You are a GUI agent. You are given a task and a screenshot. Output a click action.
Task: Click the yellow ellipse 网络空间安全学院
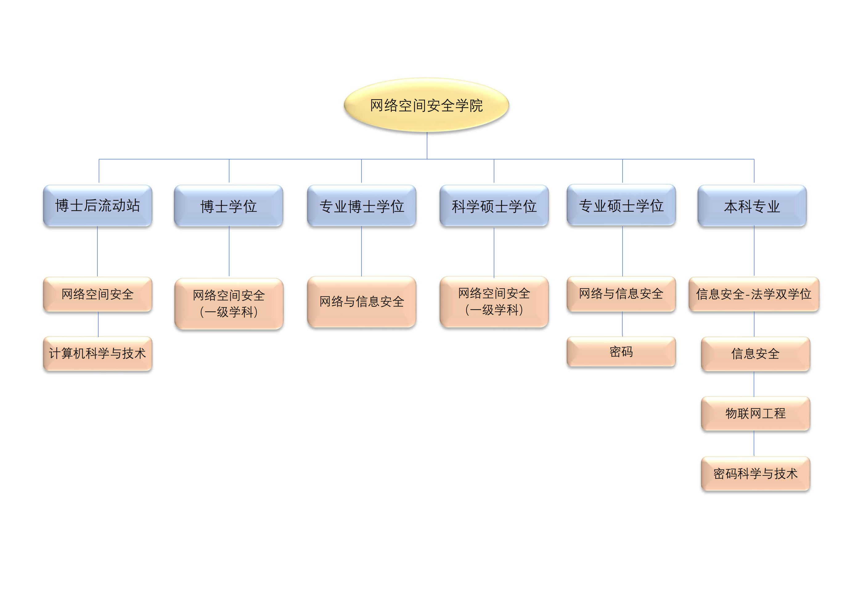(x=426, y=105)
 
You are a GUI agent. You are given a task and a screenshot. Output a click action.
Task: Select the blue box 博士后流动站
(x=97, y=206)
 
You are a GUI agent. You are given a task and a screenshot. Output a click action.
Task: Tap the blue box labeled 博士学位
(x=229, y=206)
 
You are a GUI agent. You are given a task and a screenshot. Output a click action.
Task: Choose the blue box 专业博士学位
(x=362, y=206)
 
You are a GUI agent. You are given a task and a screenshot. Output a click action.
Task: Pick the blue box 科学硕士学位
(x=494, y=206)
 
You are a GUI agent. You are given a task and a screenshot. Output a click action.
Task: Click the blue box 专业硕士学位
(x=621, y=205)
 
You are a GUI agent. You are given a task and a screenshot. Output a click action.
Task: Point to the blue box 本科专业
(x=752, y=206)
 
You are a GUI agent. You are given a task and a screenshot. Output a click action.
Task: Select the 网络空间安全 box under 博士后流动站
(x=97, y=294)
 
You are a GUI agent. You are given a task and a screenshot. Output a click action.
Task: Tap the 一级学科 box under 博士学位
(x=229, y=303)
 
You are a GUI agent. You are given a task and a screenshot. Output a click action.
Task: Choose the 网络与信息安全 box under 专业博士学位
(x=362, y=302)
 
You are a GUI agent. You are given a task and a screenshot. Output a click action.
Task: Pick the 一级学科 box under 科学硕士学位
(x=494, y=302)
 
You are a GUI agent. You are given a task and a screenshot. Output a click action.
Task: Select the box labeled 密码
(x=621, y=352)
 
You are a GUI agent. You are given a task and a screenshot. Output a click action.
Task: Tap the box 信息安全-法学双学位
(x=754, y=294)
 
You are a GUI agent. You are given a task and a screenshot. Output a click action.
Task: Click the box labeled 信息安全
(x=755, y=354)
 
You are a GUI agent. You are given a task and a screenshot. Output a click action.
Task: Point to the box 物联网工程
(x=755, y=413)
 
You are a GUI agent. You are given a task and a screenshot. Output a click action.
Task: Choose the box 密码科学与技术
(x=755, y=473)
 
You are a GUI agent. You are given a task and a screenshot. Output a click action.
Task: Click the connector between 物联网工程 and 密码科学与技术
(x=754, y=444)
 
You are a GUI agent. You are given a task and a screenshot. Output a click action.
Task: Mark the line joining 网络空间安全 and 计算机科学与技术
(x=98, y=324)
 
